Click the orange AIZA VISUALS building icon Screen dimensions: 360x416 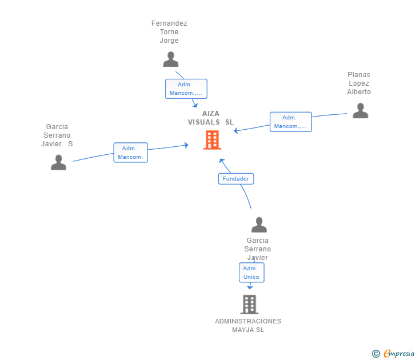(x=212, y=139)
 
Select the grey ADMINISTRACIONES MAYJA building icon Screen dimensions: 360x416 (x=249, y=305)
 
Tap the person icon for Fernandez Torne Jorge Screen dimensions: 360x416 (x=170, y=59)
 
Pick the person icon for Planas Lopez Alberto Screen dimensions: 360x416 (x=360, y=110)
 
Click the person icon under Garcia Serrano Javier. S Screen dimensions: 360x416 (x=58, y=163)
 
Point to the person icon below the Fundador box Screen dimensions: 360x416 (x=259, y=225)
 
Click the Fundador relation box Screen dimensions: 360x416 (x=236, y=179)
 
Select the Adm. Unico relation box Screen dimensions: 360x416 (x=251, y=273)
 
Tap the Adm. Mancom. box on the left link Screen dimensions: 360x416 (x=130, y=153)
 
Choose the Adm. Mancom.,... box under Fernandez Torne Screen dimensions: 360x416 (x=186, y=89)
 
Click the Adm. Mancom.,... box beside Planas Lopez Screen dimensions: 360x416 (x=291, y=122)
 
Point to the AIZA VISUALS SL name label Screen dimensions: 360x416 (x=211, y=118)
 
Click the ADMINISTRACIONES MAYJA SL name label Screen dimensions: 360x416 (x=248, y=325)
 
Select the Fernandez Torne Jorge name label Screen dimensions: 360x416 (x=169, y=32)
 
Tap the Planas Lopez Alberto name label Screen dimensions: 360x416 (x=359, y=83)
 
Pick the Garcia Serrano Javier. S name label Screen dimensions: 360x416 (x=57, y=135)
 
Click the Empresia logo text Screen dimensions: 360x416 (x=399, y=354)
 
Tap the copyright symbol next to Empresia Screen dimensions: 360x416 (x=376, y=354)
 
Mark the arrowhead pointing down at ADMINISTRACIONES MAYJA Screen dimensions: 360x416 (x=250, y=287)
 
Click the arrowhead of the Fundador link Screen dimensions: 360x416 (x=222, y=161)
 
